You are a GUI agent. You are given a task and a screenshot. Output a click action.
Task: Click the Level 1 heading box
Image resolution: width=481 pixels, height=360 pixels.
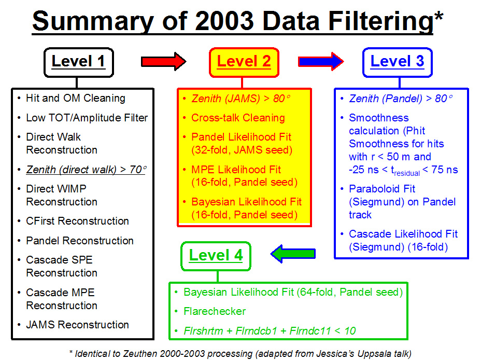79,62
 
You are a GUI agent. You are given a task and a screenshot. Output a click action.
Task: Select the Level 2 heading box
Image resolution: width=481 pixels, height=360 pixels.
244,62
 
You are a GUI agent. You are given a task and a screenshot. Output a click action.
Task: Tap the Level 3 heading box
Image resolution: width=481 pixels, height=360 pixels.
397,62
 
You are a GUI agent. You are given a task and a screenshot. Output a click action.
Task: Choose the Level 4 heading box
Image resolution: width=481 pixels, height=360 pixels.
216,256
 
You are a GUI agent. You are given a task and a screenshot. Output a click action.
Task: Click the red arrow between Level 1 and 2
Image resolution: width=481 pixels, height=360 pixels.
163,61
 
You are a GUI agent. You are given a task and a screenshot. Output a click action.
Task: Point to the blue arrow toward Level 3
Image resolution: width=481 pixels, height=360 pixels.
321,61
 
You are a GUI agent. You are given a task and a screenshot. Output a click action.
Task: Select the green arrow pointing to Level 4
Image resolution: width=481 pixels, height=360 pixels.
293,254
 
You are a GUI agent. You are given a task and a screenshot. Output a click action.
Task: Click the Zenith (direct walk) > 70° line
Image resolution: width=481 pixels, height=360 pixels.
86,170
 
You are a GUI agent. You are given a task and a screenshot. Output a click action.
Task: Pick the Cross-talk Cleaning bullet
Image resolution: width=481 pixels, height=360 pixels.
238,118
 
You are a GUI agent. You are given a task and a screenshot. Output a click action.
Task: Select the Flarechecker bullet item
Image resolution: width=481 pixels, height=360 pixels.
215,312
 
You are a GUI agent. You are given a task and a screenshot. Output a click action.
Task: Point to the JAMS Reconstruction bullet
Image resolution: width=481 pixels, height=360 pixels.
77,325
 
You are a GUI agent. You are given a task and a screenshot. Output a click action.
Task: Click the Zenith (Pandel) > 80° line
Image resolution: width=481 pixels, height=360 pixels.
401,99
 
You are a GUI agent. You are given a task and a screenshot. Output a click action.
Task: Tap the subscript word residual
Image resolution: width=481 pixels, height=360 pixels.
407,173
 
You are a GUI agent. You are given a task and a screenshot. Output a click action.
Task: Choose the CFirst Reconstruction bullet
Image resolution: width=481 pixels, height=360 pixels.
77,221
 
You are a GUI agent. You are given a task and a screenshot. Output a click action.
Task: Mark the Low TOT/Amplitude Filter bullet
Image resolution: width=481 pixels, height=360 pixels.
87,118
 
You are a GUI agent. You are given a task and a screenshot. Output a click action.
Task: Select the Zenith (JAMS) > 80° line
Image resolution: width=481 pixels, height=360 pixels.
241,99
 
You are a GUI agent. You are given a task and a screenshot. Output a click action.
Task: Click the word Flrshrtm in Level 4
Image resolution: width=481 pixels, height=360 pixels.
203,331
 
